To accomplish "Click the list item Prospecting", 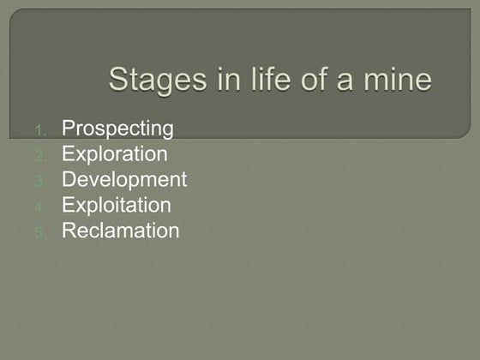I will point(117,129).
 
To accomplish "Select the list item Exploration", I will point(114,154).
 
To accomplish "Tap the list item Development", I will point(123,180).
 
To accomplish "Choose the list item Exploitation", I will point(116,206).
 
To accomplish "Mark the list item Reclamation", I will point(120,231).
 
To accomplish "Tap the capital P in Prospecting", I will point(68,129).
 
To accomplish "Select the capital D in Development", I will point(69,180).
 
